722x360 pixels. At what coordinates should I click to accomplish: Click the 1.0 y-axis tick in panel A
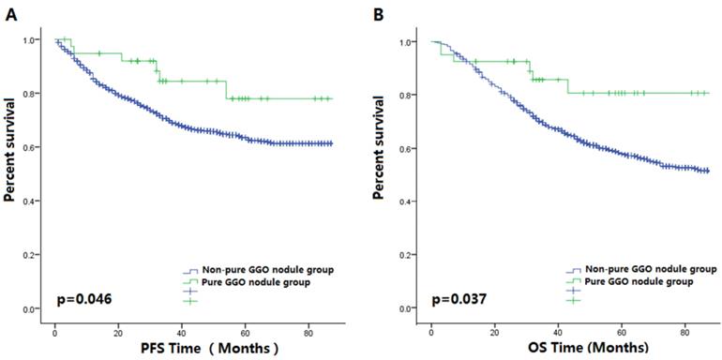click(x=36, y=40)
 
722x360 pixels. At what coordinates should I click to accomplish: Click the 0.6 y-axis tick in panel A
click(x=36, y=147)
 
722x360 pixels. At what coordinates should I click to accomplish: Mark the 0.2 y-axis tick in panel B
click(x=411, y=255)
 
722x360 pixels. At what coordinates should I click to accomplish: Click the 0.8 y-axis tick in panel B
click(x=411, y=95)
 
